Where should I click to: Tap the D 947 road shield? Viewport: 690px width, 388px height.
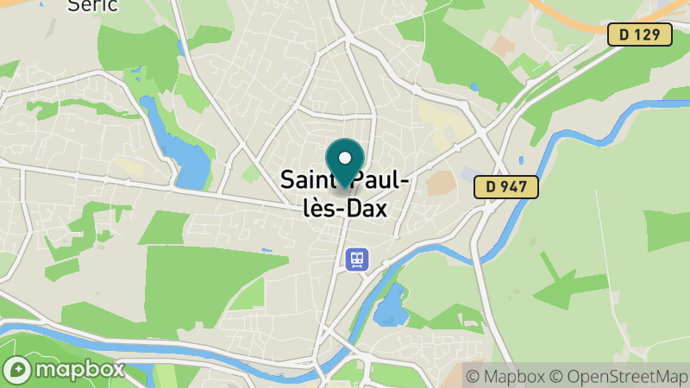(x=506, y=186)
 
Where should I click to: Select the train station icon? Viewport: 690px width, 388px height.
(x=357, y=259)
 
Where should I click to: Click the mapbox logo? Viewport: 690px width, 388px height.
(x=64, y=370)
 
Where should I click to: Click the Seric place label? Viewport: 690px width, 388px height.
(x=92, y=5)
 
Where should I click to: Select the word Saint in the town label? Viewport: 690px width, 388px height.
(x=310, y=180)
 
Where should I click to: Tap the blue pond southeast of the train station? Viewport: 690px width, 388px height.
(x=391, y=305)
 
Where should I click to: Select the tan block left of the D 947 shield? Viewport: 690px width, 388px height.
(x=441, y=182)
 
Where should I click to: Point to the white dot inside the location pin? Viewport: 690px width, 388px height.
(x=346, y=158)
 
